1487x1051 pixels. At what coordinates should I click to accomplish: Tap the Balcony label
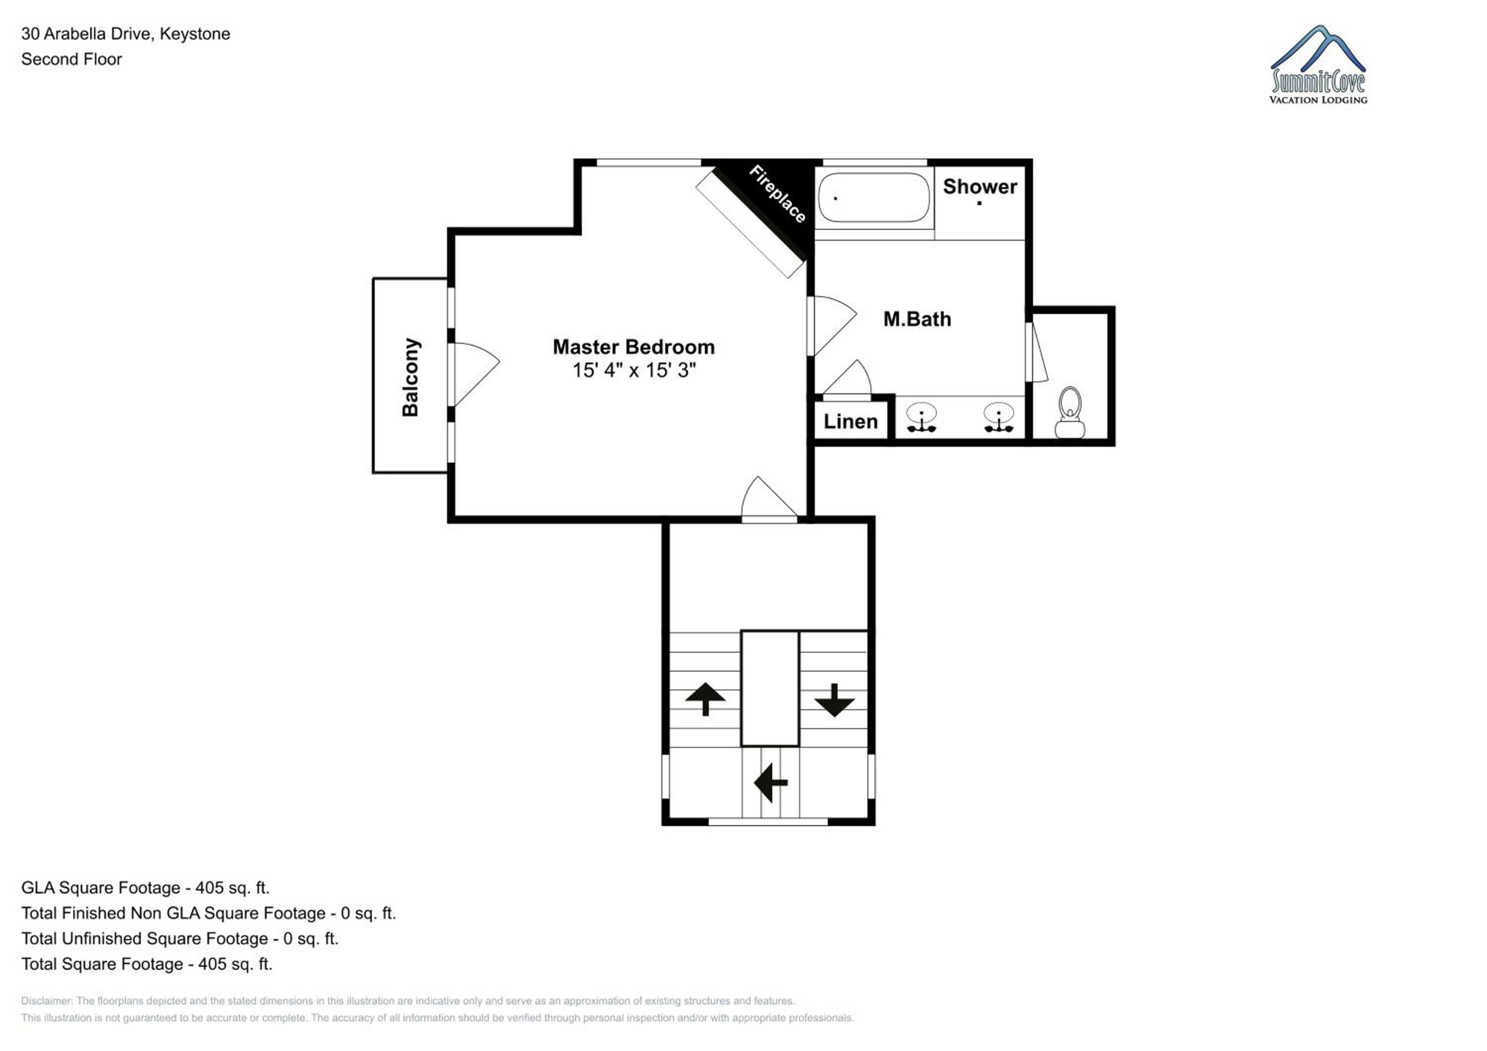(410, 377)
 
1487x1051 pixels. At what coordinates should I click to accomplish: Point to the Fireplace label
(778, 194)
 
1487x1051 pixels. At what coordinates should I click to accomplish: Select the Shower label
(979, 186)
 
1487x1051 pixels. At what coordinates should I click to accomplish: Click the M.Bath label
(917, 319)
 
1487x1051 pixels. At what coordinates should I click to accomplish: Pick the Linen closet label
(851, 422)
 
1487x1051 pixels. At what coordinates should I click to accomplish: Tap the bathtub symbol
(874, 198)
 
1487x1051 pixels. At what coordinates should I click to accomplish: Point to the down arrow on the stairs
(834, 699)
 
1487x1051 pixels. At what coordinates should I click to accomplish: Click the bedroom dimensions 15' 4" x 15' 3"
(634, 370)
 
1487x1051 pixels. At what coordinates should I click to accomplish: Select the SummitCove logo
(1318, 65)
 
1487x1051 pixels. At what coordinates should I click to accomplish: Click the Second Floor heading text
(71, 59)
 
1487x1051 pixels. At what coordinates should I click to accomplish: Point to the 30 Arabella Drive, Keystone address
(125, 34)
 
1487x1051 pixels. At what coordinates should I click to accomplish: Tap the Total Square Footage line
(147, 964)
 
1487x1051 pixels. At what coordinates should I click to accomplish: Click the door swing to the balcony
(477, 374)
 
